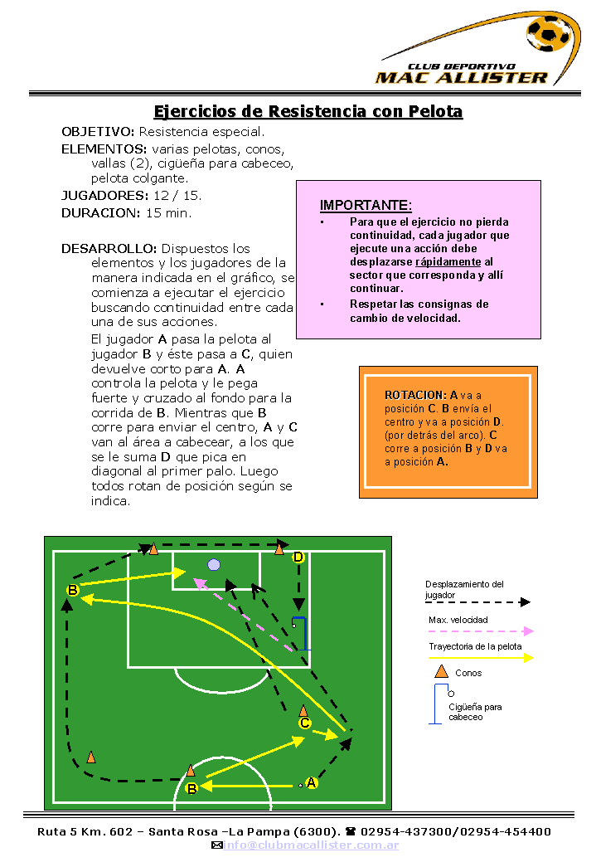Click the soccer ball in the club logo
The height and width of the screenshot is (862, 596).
[x=548, y=33]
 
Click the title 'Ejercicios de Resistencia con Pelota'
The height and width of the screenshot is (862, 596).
[x=308, y=112]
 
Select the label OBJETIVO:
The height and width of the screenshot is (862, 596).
[x=98, y=132]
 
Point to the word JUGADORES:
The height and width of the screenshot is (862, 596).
[x=104, y=196]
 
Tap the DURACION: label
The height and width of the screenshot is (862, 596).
[x=100, y=213]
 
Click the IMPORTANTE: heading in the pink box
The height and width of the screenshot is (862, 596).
[x=366, y=206]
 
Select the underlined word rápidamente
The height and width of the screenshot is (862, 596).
[x=448, y=261]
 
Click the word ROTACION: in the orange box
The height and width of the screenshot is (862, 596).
[x=415, y=395]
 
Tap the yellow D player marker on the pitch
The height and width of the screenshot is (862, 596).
[x=298, y=558]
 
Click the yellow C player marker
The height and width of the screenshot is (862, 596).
[x=305, y=723]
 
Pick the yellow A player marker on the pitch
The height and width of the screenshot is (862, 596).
[x=312, y=782]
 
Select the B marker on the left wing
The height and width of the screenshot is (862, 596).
[x=72, y=591]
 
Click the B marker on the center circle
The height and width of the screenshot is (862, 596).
[x=191, y=789]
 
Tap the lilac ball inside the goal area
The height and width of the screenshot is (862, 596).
[x=214, y=565]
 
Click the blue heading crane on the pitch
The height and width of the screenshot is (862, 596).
[x=302, y=633]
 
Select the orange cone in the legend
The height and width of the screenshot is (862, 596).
[x=442, y=671]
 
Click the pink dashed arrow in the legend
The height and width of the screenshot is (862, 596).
[x=481, y=631]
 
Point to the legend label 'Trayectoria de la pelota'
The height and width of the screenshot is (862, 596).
[x=475, y=646]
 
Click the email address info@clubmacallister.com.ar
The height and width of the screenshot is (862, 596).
[x=311, y=845]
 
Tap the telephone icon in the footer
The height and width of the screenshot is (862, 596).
[x=351, y=832]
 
